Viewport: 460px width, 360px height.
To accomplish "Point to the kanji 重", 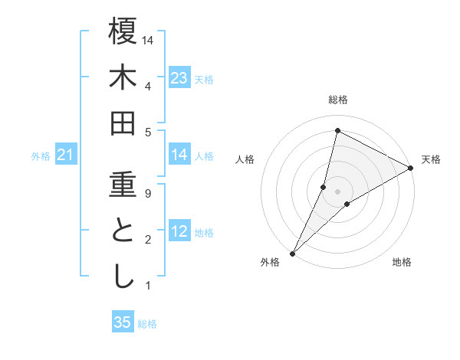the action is pyautogui.click(x=123, y=185).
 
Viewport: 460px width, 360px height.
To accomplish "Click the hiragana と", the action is pyautogui.click(x=123, y=231).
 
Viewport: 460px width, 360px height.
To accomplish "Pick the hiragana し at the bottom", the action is pyautogui.click(x=123, y=277).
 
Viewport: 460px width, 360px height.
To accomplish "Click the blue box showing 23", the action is pyautogui.click(x=179, y=77).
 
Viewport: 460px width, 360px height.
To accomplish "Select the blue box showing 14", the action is pyautogui.click(x=179, y=155).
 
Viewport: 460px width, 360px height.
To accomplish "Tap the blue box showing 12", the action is pyautogui.click(x=179, y=231).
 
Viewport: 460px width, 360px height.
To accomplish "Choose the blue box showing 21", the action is pyautogui.click(x=66, y=155).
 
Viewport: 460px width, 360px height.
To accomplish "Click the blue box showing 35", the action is pyautogui.click(x=123, y=322).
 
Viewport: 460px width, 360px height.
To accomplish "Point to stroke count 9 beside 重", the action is pyautogui.click(x=147, y=194).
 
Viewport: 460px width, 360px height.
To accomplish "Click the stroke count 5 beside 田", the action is pyautogui.click(x=147, y=132).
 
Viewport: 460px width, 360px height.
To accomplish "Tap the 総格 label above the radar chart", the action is pyautogui.click(x=337, y=100).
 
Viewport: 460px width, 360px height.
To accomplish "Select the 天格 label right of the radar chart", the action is pyautogui.click(x=431, y=159).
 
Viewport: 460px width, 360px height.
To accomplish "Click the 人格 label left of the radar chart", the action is pyautogui.click(x=245, y=159).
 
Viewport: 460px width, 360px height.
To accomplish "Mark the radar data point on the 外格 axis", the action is pyautogui.click(x=292, y=253).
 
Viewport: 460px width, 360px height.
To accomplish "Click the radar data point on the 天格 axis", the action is pyautogui.click(x=410, y=168).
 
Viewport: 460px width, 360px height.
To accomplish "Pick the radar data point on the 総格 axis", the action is pyautogui.click(x=337, y=130).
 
